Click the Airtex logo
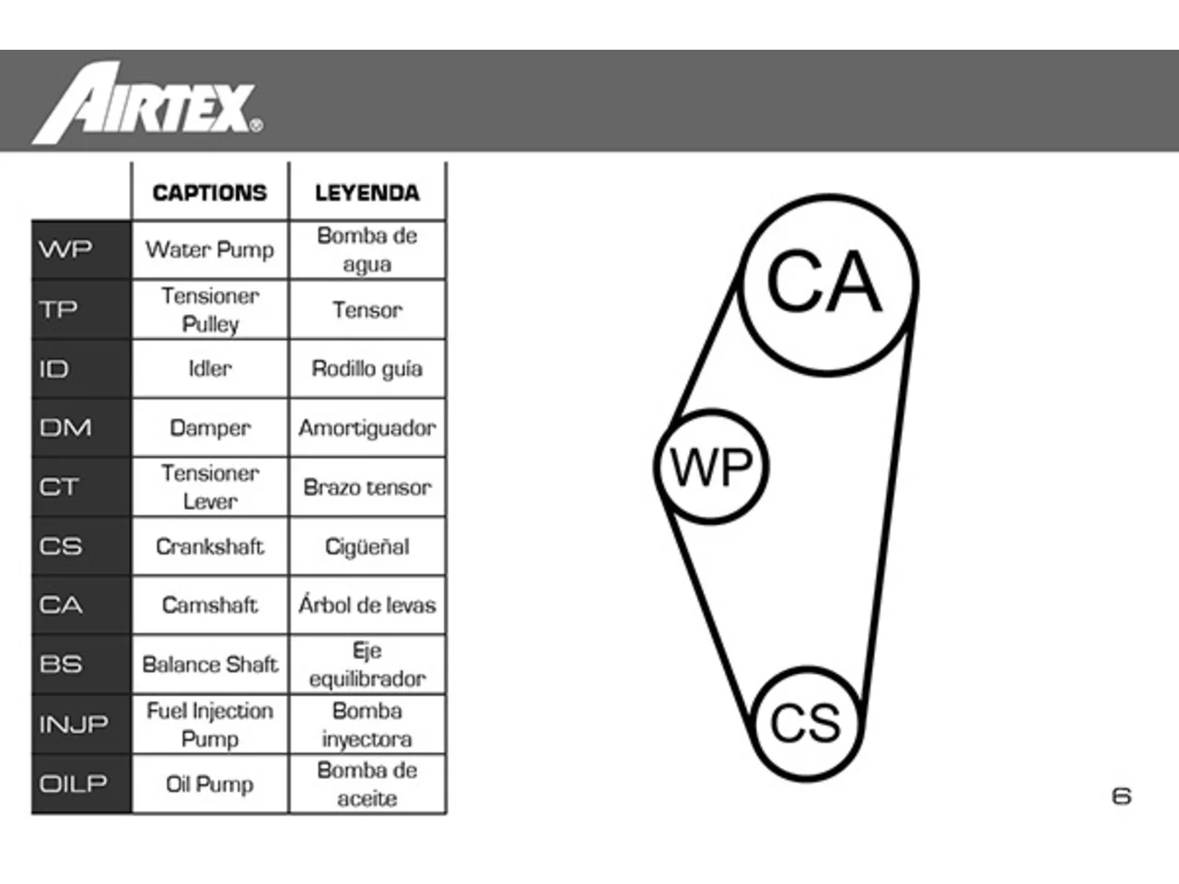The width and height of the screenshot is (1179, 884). coord(147,103)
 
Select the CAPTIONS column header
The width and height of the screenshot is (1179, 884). coord(209,192)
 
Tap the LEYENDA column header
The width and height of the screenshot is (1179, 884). coord(367,192)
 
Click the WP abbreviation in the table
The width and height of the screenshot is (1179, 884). coord(65,249)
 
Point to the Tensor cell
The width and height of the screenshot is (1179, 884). coord(368,309)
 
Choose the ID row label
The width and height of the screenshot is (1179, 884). coord(53,368)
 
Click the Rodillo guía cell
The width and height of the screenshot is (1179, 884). coord(368,369)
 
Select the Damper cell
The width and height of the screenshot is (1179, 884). coord(210,428)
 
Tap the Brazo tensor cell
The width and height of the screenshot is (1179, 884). coord(368,487)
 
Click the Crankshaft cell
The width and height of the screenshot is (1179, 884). coord(210,546)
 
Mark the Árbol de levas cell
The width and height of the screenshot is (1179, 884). coord(368,604)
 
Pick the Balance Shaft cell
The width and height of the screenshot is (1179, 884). coord(210,665)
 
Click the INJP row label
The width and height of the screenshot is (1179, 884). coord(74,724)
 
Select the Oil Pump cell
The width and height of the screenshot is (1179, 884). coord(209,785)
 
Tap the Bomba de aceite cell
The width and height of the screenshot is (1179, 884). coord(368,785)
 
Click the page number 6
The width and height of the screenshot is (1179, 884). coord(1122,797)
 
